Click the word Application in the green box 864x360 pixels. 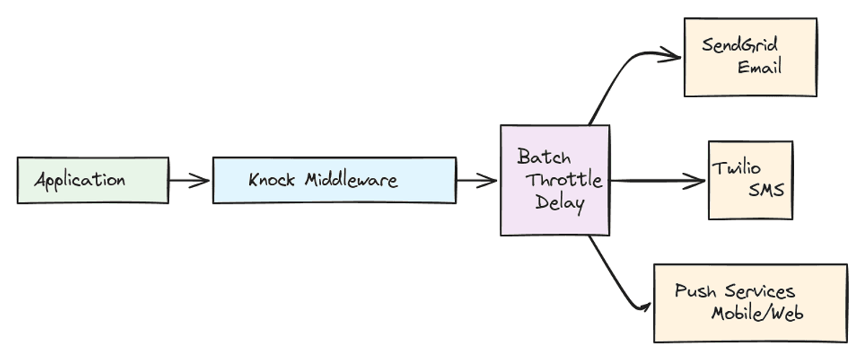tap(80, 181)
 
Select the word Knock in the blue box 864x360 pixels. tap(271, 180)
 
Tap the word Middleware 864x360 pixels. tap(351, 180)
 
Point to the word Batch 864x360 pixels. tap(544, 157)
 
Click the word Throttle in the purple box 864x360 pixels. tap(564, 180)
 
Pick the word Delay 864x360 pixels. tap(559, 204)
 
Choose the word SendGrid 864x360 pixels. tap(739, 45)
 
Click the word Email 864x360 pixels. tap(760, 67)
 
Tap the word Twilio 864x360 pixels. tap(736, 168)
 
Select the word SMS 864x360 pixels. tap(766, 190)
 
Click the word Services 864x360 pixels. tap(760, 292)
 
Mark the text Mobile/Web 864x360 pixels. tap(757, 313)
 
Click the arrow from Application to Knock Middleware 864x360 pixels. tap(189, 180)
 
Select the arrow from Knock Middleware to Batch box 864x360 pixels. tap(477, 180)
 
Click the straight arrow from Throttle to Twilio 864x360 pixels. tap(657, 181)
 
